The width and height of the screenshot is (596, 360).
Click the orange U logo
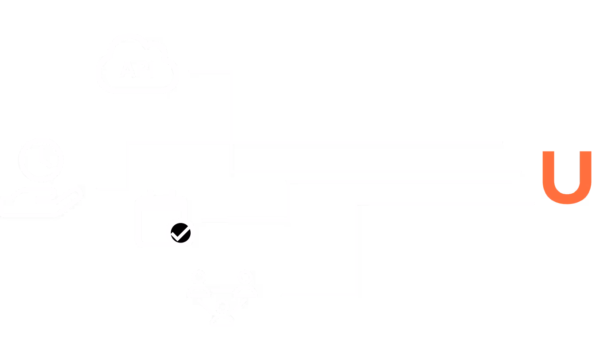click(567, 177)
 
